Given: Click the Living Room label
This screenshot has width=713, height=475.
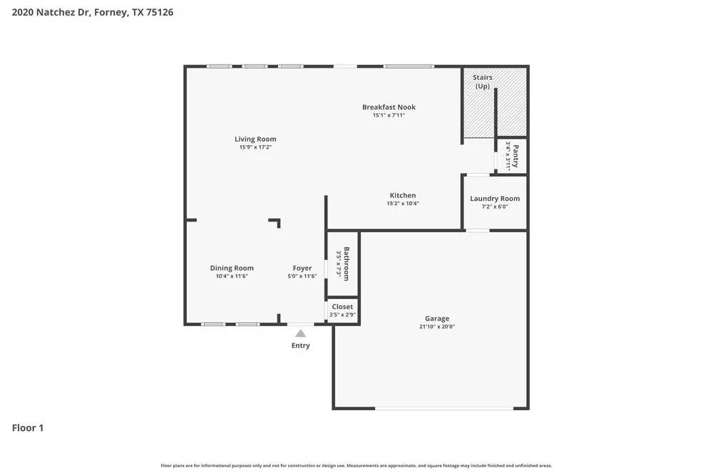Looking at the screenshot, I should click(x=255, y=139).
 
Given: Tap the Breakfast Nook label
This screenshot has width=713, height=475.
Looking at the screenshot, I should click(x=389, y=107).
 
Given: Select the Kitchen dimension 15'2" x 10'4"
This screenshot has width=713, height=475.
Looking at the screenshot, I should click(x=403, y=204).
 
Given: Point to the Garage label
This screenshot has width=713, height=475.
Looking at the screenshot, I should click(x=437, y=318).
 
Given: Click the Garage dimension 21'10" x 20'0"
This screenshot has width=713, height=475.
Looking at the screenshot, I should click(x=437, y=327).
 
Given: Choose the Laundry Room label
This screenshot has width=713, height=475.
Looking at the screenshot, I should click(x=495, y=199).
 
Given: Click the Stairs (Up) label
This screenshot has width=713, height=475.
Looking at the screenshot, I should click(x=483, y=82).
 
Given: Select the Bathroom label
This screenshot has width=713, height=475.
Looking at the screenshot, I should click(x=347, y=263).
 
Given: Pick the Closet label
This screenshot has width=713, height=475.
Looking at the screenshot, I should click(x=342, y=307).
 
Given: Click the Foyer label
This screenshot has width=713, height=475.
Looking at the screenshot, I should click(x=302, y=268).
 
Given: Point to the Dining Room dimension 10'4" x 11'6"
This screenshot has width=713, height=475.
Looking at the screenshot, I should click(x=232, y=276).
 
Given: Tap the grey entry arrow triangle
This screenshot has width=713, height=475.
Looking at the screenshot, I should click(x=301, y=333).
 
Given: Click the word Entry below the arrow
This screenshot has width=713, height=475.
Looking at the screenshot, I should click(x=301, y=345).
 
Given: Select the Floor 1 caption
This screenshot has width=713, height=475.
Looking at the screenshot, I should click(x=28, y=428).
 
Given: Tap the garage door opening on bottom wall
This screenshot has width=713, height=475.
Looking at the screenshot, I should click(x=444, y=408).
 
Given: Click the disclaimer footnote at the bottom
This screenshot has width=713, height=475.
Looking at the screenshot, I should click(x=356, y=466).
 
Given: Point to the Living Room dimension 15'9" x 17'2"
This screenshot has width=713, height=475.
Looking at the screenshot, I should click(x=255, y=147).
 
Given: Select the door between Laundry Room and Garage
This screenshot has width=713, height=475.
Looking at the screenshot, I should click(x=478, y=230).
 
